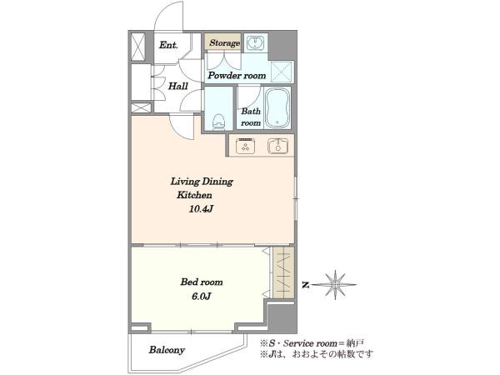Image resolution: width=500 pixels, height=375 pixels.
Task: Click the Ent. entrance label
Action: (168, 45)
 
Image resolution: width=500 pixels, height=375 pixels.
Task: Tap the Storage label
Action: (224, 42)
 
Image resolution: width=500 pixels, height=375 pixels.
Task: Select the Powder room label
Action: (237, 76)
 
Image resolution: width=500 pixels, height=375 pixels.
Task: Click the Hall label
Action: (178, 86)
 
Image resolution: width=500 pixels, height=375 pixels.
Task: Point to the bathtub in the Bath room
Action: (277, 107)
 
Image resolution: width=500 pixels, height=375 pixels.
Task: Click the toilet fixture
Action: (218, 122)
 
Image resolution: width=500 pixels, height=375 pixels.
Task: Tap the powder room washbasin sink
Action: (255, 42)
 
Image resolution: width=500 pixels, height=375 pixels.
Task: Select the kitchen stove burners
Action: (245, 146)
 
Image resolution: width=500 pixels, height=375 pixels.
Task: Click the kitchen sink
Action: (277, 146)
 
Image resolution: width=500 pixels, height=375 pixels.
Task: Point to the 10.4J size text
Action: (201, 209)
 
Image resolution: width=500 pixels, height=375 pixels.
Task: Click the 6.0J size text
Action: (201, 297)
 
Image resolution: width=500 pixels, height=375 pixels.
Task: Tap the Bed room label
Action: (202, 282)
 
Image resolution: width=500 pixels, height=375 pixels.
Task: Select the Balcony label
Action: (167, 350)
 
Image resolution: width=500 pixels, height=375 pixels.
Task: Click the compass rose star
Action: (336, 285)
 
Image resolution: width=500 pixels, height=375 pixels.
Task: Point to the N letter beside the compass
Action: (306, 285)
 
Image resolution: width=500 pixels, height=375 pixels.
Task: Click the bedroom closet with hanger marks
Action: (283, 272)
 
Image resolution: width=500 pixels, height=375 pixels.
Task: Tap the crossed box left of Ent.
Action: (138, 47)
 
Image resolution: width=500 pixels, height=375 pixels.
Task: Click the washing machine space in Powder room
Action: (282, 72)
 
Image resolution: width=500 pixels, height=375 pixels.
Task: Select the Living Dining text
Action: (202, 182)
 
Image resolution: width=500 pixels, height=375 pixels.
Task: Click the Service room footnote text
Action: (312, 343)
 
